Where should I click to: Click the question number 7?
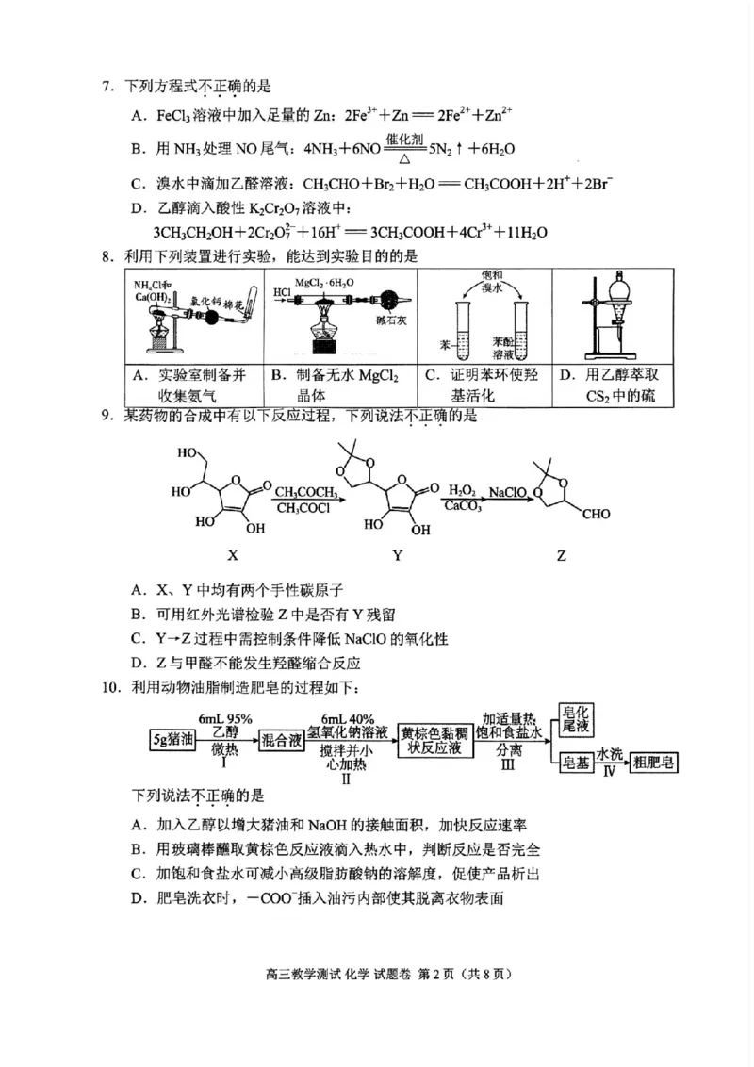coord(107,88)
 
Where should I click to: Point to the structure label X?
coord(232,555)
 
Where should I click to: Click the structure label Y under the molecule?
coord(397,555)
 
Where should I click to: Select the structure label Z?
coord(562,555)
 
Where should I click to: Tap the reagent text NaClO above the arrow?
coord(506,491)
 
